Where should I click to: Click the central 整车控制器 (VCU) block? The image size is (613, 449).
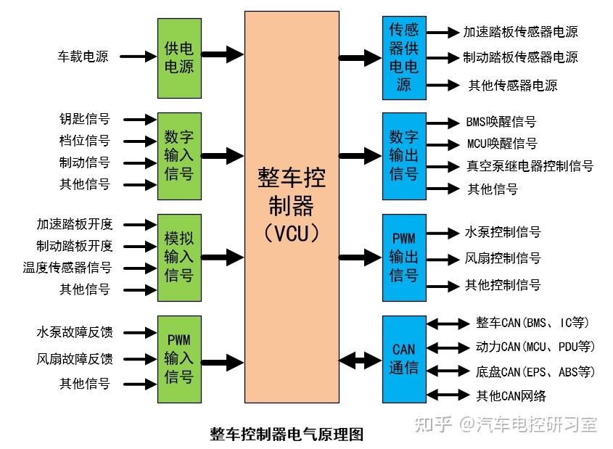pyautogui.click(x=292, y=207)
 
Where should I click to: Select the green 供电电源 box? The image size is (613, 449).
pyautogui.click(x=179, y=58)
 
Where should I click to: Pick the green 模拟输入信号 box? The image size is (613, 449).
pyautogui.click(x=179, y=257)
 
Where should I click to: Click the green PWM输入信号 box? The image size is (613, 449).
pyautogui.click(x=179, y=358)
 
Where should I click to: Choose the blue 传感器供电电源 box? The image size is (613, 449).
pyautogui.click(x=404, y=58)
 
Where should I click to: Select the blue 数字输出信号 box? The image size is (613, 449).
pyautogui.click(x=404, y=155)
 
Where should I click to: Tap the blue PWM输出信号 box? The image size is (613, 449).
pyautogui.click(x=404, y=257)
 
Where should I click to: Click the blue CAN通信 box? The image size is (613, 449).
pyautogui.click(x=404, y=358)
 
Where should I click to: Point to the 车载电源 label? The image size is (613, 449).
pyautogui.click(x=83, y=57)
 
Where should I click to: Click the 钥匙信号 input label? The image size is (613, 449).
pyautogui.click(x=85, y=119)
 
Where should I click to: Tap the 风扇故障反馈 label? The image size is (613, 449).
pyautogui.click(x=75, y=358)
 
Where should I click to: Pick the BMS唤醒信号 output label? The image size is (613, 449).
pyautogui.click(x=501, y=122)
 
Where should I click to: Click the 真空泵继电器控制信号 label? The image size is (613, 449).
pyautogui.click(x=530, y=166)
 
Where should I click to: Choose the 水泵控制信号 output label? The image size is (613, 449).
pyautogui.click(x=503, y=232)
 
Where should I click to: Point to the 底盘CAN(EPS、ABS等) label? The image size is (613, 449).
pyautogui.click(x=535, y=372)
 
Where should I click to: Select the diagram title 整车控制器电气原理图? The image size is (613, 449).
pyautogui.click(x=286, y=434)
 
